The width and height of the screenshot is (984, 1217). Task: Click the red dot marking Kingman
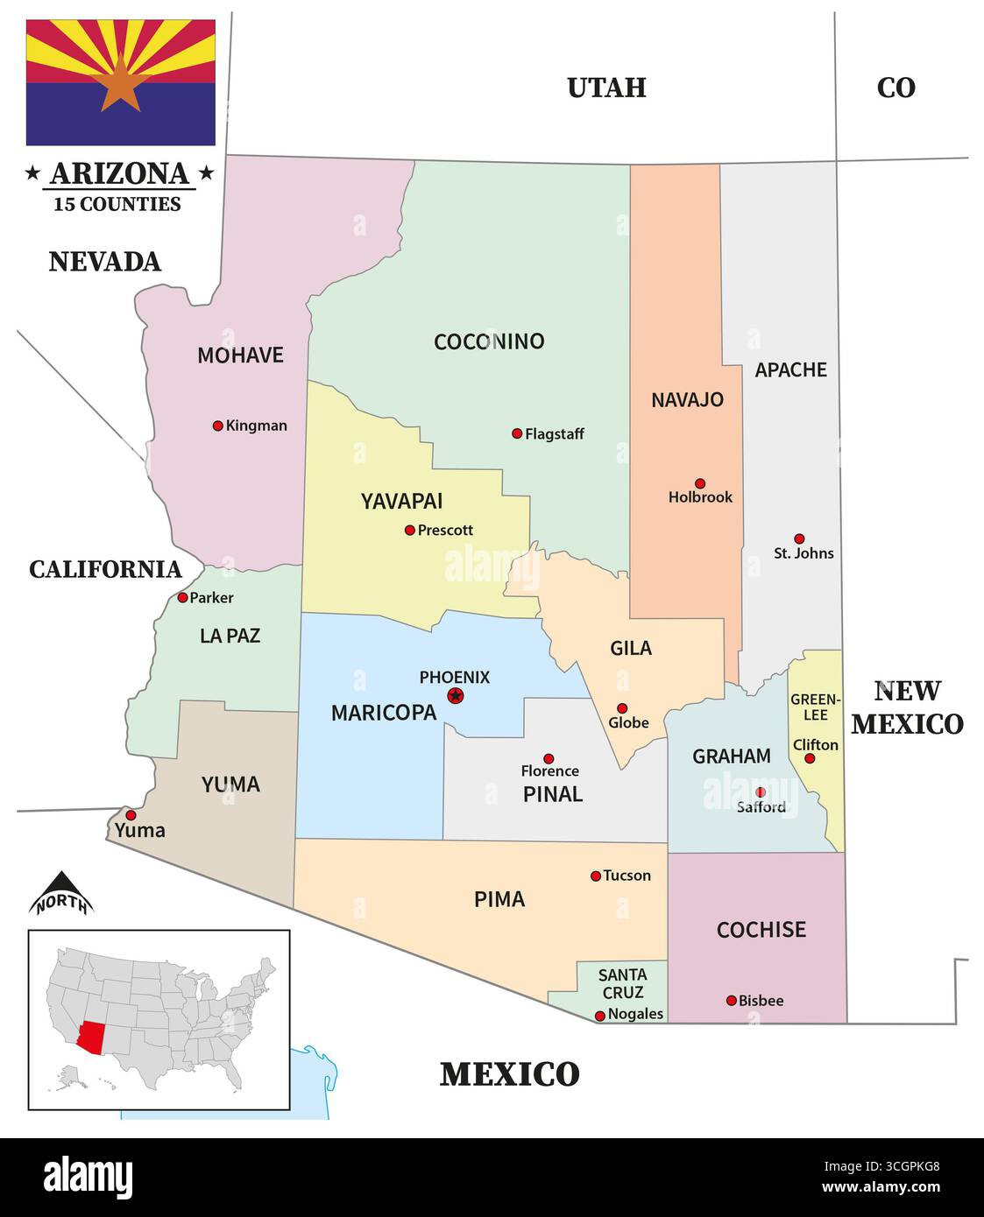(x=217, y=426)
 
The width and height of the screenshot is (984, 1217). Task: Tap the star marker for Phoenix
(x=455, y=696)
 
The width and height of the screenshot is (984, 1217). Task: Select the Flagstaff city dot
(x=517, y=433)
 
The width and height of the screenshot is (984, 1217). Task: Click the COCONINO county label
(x=489, y=341)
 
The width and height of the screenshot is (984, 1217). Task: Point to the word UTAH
(x=606, y=88)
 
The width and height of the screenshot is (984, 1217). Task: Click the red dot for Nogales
(x=600, y=1016)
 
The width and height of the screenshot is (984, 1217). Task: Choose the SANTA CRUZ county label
(x=622, y=983)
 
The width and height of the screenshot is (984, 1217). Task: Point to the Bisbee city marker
(x=732, y=1000)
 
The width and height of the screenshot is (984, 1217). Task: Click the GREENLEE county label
(x=815, y=707)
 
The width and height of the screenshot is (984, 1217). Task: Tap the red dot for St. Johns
(x=799, y=538)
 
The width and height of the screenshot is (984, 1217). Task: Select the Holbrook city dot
(x=700, y=483)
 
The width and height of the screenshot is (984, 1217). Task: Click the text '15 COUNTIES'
(x=117, y=204)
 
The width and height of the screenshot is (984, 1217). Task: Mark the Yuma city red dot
(x=131, y=814)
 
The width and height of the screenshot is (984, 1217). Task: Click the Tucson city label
(x=627, y=876)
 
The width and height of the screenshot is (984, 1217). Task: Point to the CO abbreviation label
(x=896, y=88)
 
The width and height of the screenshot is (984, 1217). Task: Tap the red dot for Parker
(x=182, y=597)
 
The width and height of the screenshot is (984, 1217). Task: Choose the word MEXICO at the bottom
(x=509, y=1074)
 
